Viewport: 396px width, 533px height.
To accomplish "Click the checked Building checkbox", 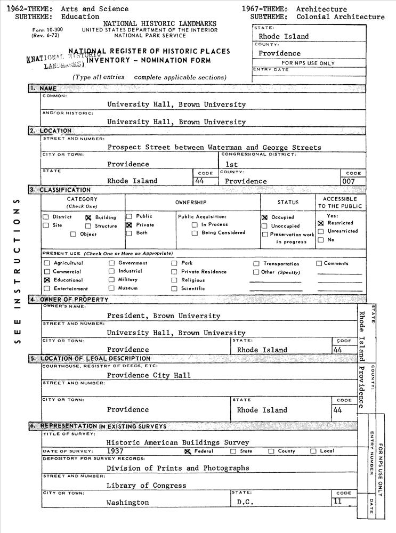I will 88,217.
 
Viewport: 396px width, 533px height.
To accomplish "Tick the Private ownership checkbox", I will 129,225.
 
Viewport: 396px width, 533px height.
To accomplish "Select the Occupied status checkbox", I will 264,217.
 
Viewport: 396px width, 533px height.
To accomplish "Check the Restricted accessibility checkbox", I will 321,223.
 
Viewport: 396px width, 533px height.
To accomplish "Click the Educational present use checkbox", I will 47,280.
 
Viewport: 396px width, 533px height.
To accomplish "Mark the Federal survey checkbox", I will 188,451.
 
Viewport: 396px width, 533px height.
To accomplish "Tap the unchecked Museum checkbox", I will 112,288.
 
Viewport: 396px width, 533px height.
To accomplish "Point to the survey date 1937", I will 115,451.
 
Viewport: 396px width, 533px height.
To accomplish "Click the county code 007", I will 349,181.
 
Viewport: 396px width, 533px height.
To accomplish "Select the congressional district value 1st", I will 231,164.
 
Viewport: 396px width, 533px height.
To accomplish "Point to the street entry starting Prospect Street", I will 214,147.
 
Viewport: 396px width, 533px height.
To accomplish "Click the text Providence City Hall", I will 148,375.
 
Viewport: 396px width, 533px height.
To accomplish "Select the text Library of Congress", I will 146,486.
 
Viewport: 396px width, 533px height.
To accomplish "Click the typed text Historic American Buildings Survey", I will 177,442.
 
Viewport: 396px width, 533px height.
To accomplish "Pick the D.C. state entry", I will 246,503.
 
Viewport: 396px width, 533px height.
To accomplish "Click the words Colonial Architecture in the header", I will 340,17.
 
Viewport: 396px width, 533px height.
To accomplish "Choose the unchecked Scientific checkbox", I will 174,288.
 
